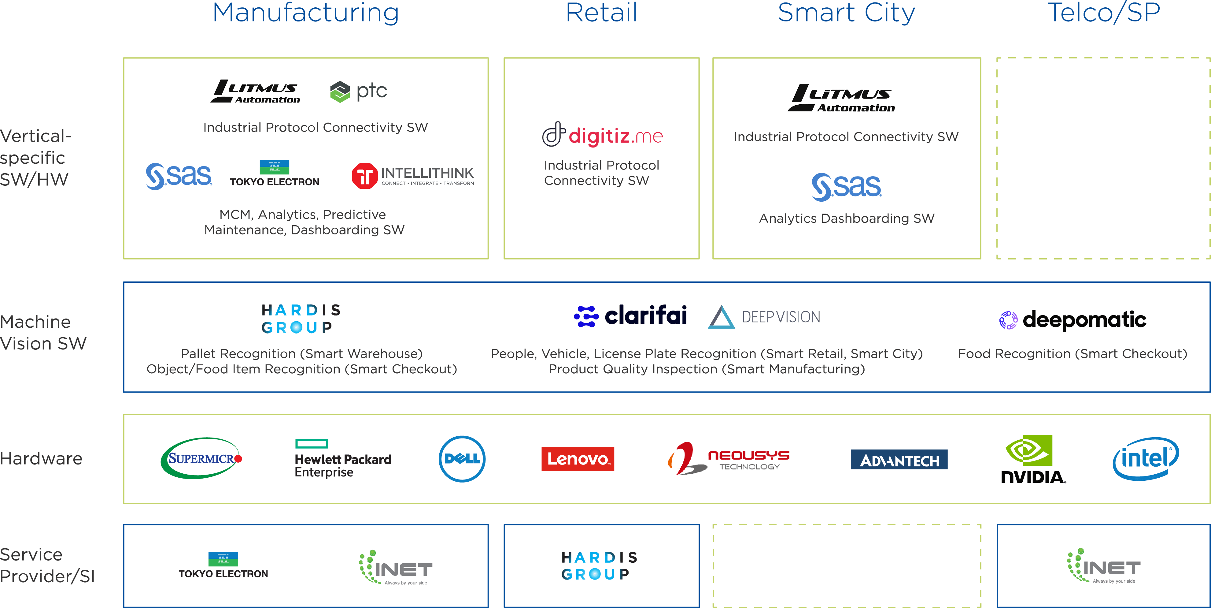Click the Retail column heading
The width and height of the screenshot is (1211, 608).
[601, 13]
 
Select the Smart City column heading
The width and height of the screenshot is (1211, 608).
[846, 13]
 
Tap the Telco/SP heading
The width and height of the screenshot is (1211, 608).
[1103, 13]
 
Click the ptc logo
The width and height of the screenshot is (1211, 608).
[359, 91]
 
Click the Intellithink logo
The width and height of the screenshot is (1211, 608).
[413, 176]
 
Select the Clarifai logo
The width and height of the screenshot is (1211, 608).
[630, 316]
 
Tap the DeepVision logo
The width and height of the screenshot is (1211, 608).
[764, 317]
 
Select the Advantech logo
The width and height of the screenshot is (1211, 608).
[899, 460]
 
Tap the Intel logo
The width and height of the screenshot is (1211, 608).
[1145, 458]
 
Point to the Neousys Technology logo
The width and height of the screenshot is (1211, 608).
[728, 459]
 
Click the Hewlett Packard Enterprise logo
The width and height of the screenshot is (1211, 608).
[343, 459]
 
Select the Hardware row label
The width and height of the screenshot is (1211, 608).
[41, 458]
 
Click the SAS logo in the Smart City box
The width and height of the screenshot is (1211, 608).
[846, 187]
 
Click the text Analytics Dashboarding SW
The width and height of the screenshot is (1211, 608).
[846, 218]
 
